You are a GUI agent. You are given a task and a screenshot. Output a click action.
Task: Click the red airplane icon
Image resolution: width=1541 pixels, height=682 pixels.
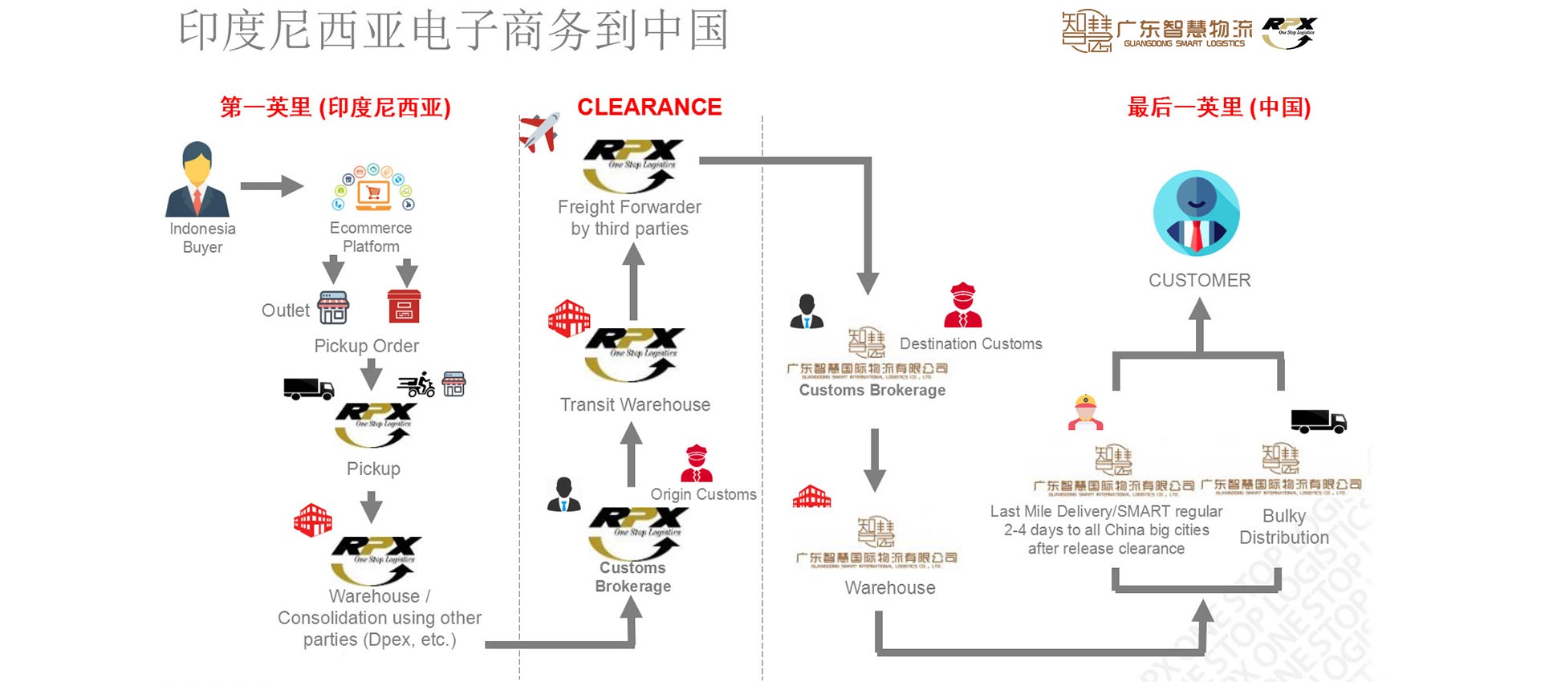(539, 132)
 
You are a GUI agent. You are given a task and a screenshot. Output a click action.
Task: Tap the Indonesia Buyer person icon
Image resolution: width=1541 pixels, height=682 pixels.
(197, 180)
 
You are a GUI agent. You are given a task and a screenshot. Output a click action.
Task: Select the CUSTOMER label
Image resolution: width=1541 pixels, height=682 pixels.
(1199, 280)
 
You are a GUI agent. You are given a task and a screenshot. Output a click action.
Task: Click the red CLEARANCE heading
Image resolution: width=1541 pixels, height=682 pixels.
(649, 107)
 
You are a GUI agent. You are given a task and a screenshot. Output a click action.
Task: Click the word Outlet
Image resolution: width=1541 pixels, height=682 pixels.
(285, 311)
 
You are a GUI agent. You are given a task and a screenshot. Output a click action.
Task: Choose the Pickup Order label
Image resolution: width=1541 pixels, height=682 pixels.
(366, 346)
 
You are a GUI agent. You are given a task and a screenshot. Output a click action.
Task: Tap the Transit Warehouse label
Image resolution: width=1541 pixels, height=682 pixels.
(635, 404)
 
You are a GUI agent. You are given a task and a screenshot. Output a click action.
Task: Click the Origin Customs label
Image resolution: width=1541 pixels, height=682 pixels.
(703, 494)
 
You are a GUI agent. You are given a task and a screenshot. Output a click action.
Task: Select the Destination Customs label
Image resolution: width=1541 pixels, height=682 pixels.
(970, 343)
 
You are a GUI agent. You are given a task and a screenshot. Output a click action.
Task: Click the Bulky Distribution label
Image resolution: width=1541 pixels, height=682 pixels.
(1283, 526)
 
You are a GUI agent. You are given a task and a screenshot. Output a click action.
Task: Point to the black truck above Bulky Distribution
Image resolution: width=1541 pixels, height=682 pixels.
(1318, 421)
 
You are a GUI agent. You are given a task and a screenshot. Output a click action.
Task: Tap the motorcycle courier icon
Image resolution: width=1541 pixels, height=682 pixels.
(417, 385)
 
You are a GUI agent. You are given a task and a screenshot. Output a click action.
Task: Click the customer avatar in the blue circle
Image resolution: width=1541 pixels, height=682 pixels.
(1196, 213)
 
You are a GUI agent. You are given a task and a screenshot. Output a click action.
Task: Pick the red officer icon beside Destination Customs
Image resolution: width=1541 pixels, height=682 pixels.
(962, 306)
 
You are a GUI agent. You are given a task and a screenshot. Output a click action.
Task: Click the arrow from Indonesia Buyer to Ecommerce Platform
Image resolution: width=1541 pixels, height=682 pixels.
(271, 187)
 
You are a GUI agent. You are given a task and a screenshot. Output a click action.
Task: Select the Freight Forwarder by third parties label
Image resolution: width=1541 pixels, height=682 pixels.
(629, 217)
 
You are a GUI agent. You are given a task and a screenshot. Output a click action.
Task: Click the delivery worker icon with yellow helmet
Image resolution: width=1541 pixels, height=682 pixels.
(1085, 412)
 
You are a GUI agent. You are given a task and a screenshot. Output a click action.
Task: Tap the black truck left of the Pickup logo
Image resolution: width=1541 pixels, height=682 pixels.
(308, 389)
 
